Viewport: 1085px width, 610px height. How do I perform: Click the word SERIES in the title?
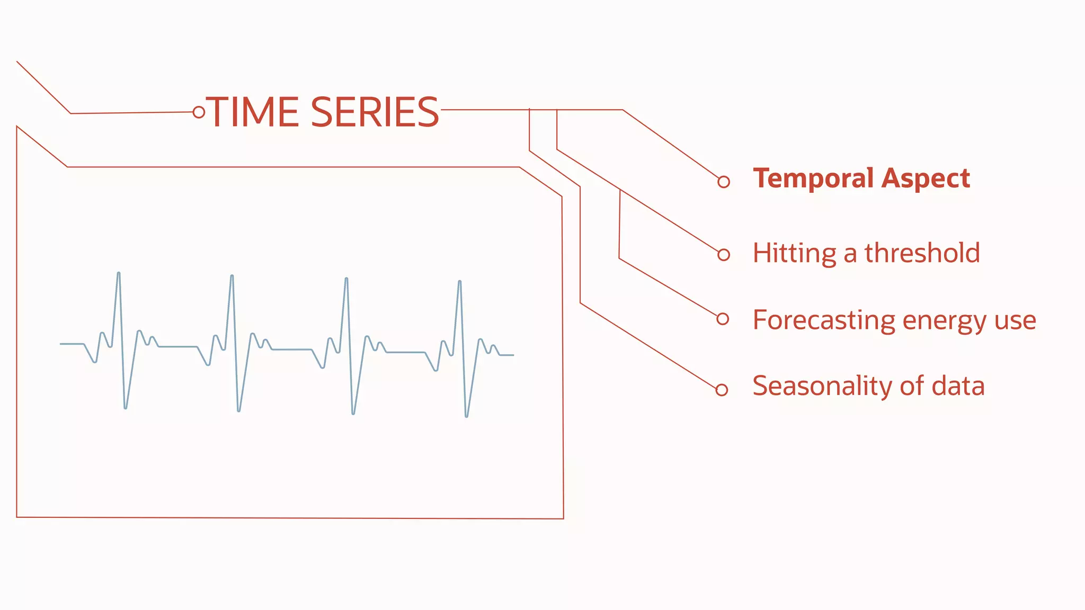coord(375,112)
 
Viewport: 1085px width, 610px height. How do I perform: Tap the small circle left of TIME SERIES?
coord(199,112)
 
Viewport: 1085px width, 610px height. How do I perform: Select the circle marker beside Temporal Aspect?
coord(724,182)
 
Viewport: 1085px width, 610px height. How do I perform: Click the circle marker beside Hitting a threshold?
coord(724,255)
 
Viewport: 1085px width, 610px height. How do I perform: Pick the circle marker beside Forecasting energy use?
coord(723,319)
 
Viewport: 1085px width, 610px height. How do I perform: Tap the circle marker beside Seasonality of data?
coord(722,390)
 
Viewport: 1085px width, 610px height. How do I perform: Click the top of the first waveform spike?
coord(119,273)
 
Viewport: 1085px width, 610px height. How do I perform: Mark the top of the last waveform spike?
coord(460,282)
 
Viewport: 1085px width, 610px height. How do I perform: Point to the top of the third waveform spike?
coord(346,279)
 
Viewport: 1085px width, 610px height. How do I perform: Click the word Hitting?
coord(794,253)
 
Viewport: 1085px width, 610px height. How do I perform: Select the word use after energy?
coord(1015,321)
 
